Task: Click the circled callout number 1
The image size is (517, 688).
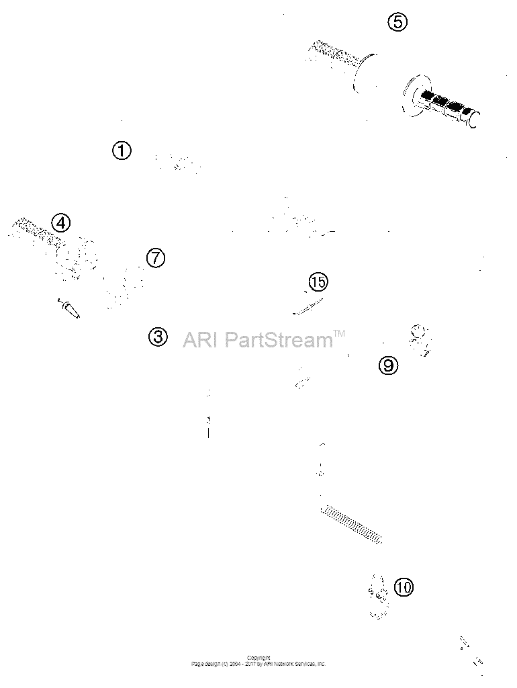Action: [122, 150]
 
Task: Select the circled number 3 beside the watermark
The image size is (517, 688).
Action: [158, 337]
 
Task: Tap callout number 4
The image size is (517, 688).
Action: [60, 223]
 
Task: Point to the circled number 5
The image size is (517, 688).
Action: [397, 21]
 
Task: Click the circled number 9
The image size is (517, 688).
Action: [388, 365]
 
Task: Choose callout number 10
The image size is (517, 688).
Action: [404, 587]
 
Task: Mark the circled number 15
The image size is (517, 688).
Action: [318, 282]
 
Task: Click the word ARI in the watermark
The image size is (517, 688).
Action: [199, 339]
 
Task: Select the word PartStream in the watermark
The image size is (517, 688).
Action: [279, 339]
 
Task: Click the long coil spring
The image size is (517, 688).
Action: [352, 525]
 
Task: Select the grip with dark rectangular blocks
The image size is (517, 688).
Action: [440, 101]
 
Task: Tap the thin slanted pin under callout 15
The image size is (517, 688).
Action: [308, 306]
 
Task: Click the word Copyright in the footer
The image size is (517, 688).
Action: [258, 658]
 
